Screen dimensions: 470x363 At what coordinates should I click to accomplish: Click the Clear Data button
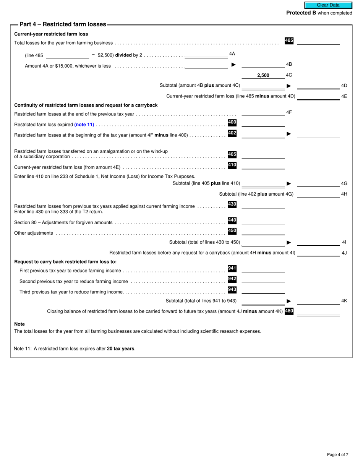coord(328,5)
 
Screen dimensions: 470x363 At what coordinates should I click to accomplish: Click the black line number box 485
coord(289,41)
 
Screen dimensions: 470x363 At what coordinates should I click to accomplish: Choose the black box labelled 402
coord(232,133)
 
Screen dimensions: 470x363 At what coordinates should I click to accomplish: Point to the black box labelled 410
coord(232,165)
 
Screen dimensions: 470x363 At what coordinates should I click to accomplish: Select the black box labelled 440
coord(232,220)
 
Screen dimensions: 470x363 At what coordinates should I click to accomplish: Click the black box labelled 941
coord(232,269)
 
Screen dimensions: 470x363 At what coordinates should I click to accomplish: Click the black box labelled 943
coord(232,290)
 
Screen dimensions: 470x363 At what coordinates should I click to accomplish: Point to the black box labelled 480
coord(289,311)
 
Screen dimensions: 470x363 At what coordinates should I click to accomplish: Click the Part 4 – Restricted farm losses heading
coord(63,24)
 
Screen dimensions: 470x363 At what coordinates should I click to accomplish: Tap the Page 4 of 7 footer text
coord(337,455)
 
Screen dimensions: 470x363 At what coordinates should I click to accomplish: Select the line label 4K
coord(344,301)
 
